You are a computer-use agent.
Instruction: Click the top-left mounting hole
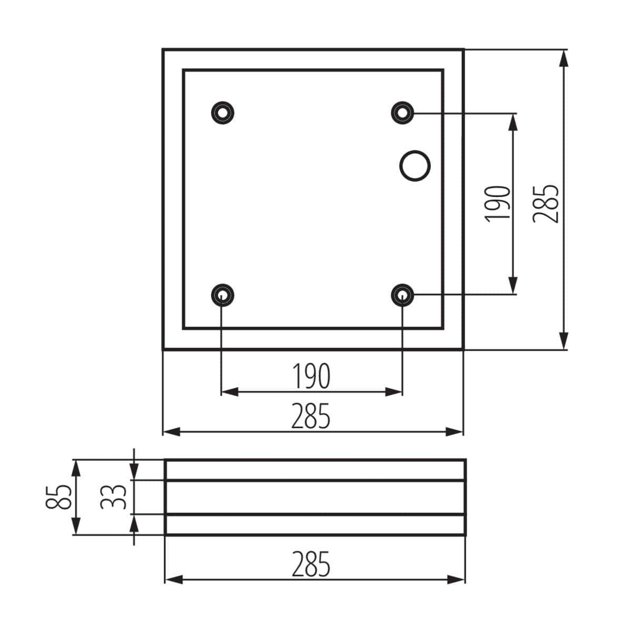(222, 112)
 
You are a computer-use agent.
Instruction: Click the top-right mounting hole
(402, 112)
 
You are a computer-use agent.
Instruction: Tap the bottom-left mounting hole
(222, 294)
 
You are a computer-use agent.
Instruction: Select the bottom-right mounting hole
(402, 294)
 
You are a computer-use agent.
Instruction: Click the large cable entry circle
(414, 165)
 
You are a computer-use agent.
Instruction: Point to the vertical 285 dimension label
(546, 203)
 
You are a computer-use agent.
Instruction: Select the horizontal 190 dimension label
(312, 376)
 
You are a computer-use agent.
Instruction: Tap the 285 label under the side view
(312, 564)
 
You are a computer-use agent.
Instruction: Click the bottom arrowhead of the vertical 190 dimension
(512, 287)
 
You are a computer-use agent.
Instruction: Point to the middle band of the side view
(315, 497)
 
